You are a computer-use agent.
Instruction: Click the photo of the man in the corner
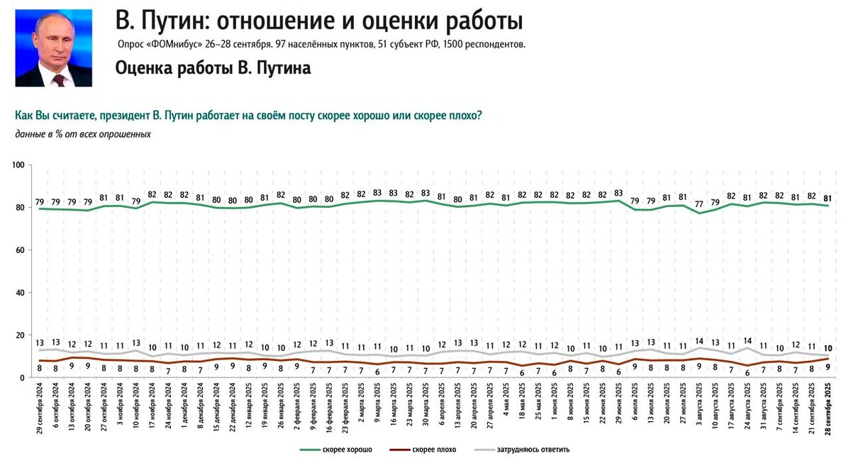pyautogui.click(x=54, y=48)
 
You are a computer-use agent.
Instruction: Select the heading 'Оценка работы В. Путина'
pyautogui.click(x=213, y=69)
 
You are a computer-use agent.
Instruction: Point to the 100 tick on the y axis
pyautogui.click(x=19, y=165)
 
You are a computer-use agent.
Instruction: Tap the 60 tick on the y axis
pyautogui.click(x=21, y=250)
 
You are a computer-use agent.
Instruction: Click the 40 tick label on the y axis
pyautogui.click(x=21, y=293)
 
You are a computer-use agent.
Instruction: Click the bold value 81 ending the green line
pyautogui.click(x=828, y=197)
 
